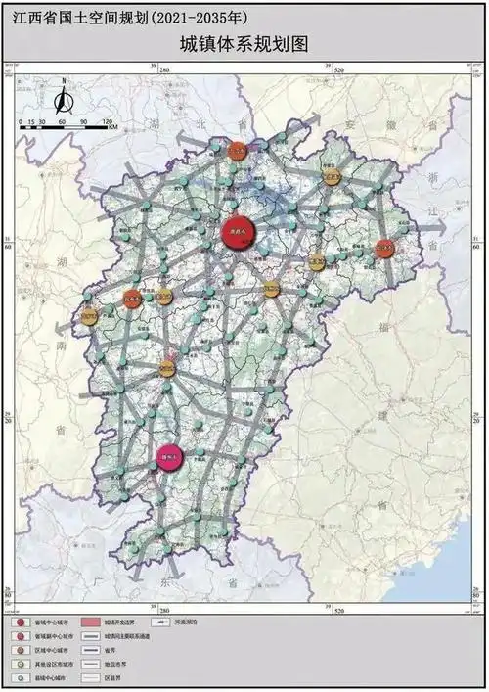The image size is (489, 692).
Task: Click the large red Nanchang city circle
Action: click(236, 231)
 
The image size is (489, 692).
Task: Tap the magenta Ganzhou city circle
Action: click(169, 457)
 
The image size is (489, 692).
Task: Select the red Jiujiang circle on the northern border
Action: click(237, 152)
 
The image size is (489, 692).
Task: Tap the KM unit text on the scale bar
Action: click(113, 127)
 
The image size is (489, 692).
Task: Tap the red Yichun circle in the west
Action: click(133, 300)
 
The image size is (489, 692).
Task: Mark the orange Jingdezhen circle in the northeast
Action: click(334, 179)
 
